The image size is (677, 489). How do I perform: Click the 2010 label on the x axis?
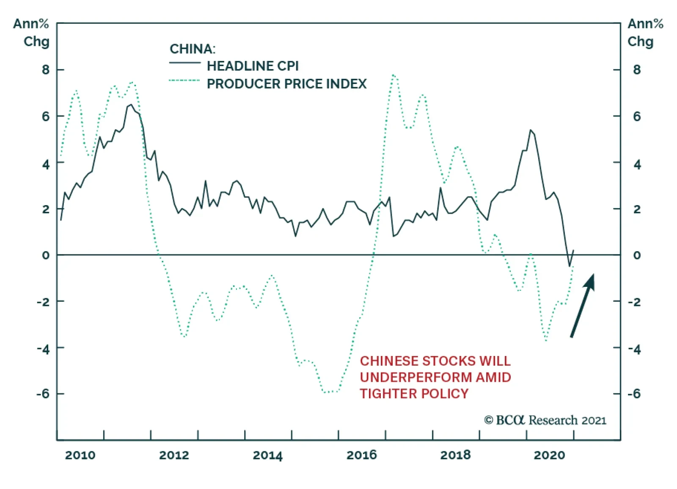point(80,456)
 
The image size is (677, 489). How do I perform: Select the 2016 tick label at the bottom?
point(361,456)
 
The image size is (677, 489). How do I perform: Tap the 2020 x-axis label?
point(549,456)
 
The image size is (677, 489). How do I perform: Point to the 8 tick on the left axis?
point(46,70)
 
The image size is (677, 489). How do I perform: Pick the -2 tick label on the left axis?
point(43,302)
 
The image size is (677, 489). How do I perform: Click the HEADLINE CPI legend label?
point(253,66)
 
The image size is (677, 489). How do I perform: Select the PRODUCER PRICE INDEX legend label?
point(286,84)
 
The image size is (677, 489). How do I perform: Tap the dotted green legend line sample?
point(184,81)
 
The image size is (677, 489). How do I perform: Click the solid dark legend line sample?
point(184,63)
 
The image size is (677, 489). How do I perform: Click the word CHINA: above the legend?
point(193,49)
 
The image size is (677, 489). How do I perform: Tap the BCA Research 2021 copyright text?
point(545,420)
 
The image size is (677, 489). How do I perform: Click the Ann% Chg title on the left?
point(31,33)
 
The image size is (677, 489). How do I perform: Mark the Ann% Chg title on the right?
point(644,33)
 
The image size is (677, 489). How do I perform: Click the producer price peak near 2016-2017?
point(394,75)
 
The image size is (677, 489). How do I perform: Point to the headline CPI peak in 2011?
point(130,105)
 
